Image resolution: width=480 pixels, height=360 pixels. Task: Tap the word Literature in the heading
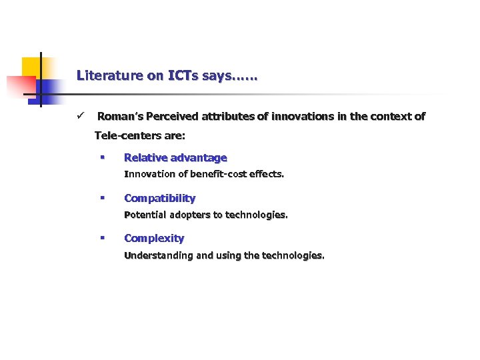109,75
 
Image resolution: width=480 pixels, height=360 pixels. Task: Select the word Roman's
120,117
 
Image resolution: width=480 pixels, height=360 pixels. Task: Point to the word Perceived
172,117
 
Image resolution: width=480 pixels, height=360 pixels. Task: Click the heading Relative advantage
175,158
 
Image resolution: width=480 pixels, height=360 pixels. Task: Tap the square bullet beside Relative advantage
102,158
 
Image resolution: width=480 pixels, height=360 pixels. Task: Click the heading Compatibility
160,198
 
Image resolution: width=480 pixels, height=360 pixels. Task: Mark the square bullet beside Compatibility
102,198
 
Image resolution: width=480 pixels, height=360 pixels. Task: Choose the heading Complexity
154,238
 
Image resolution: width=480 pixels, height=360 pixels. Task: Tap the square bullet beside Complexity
102,238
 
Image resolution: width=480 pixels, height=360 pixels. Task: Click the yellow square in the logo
31,67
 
